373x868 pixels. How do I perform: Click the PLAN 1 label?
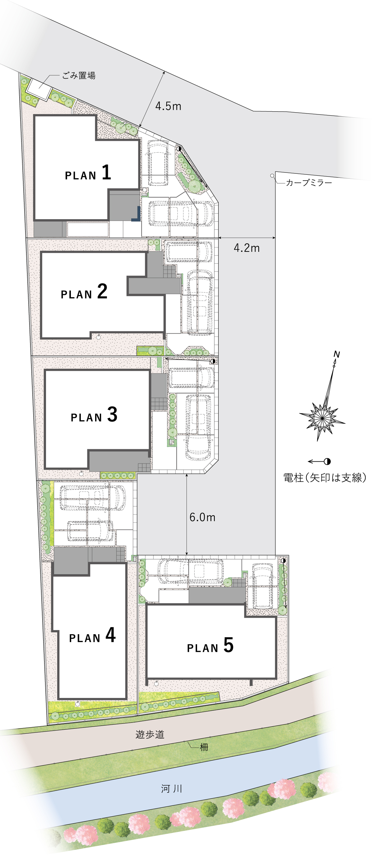click(88, 173)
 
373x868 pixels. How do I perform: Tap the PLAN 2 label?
click(84, 292)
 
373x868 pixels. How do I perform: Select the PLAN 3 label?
click(94, 414)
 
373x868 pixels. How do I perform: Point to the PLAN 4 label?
click(92, 635)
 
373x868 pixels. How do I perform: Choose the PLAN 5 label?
click(210, 645)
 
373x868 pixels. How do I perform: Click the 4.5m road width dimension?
click(168, 106)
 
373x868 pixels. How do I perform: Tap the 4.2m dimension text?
click(246, 248)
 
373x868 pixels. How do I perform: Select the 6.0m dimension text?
click(202, 517)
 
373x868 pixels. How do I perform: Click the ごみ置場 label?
click(79, 76)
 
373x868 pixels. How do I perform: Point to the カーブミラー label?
click(309, 182)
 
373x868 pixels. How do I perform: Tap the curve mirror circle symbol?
click(272, 176)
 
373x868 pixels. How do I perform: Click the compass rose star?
click(322, 418)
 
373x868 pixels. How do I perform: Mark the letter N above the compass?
click(337, 354)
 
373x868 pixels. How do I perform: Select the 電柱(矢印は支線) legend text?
click(325, 478)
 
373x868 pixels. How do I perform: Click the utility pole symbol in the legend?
click(327, 462)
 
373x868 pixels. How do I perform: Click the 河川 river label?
click(172, 789)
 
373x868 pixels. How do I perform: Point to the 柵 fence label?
click(204, 747)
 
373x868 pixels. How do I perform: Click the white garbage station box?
click(39, 89)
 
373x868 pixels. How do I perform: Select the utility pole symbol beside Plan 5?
click(283, 561)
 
